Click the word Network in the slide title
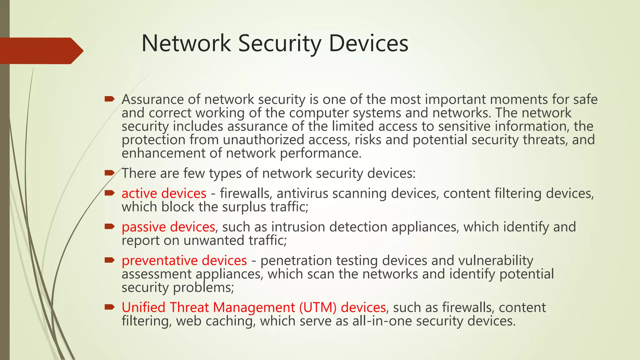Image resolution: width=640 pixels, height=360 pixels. tap(186, 43)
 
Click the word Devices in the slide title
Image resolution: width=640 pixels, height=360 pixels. tap(368, 43)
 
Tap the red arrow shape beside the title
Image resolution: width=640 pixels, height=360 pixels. tap(41, 51)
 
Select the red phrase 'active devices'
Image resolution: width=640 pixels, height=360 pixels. tap(164, 193)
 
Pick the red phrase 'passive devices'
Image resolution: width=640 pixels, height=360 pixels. tap(168, 227)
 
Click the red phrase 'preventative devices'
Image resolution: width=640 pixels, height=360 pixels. tap(184, 261)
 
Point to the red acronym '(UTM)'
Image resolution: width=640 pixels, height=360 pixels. tap(317, 307)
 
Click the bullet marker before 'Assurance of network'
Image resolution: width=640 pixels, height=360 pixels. tap(110, 99)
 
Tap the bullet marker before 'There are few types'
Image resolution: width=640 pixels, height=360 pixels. tap(110, 173)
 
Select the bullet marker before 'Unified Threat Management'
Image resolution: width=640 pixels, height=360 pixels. tap(110, 307)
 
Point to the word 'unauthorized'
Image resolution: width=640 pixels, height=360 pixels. tap(263, 140)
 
